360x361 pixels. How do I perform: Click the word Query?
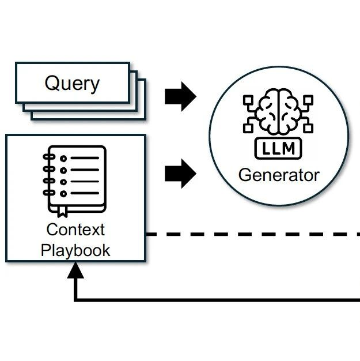pyautogui.click(x=72, y=84)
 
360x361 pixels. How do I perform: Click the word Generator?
pyautogui.click(x=279, y=174)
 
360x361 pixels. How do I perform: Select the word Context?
pyautogui.click(x=75, y=230)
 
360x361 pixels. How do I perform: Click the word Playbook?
pyautogui.click(x=75, y=250)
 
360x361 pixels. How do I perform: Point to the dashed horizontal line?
pyautogui.click(x=253, y=235)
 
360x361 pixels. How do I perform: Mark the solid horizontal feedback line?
pyautogui.click(x=219, y=299)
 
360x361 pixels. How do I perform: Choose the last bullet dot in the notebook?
pyautogui.click(x=64, y=193)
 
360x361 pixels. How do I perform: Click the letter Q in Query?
pyautogui.click(x=53, y=84)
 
